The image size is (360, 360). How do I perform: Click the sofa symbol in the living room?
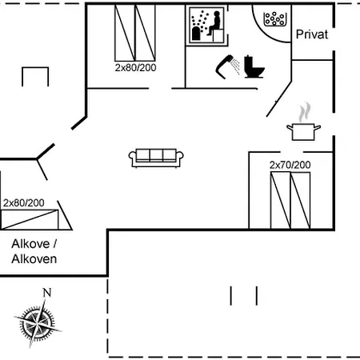click(x=156, y=158)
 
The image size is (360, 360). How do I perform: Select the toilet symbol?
click(x=254, y=66)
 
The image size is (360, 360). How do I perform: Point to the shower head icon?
click(x=226, y=66)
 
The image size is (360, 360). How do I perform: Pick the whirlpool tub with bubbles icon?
click(x=275, y=19)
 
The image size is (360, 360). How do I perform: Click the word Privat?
click(x=312, y=34)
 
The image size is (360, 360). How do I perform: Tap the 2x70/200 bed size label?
click(x=290, y=165)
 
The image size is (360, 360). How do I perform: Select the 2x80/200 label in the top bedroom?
click(x=135, y=68)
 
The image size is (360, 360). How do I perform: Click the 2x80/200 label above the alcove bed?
click(x=23, y=203)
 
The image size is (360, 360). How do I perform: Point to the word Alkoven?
click(x=34, y=259)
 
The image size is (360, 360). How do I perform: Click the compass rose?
click(x=38, y=323)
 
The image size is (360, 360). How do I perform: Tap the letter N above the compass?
click(x=47, y=293)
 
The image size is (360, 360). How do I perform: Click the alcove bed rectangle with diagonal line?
click(x=30, y=219)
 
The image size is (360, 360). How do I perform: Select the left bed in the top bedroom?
click(x=125, y=33)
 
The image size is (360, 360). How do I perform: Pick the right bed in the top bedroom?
click(x=145, y=33)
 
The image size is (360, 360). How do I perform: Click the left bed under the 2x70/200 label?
click(x=281, y=200)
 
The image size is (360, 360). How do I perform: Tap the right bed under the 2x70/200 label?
click(x=300, y=200)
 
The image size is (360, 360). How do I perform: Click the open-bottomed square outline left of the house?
click(x=35, y=68)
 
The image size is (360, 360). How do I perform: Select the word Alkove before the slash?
click(x=30, y=244)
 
